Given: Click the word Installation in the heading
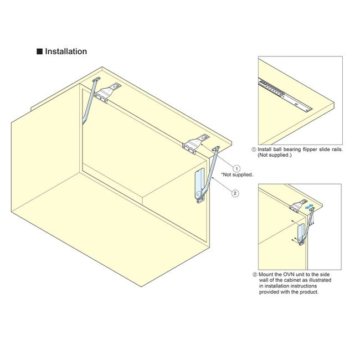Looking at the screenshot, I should [66, 52].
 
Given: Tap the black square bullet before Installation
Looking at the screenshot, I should [39, 52].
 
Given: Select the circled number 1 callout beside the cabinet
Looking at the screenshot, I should [236, 168].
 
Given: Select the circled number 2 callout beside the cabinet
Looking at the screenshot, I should [235, 193].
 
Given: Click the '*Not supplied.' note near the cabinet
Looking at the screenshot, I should [237, 175].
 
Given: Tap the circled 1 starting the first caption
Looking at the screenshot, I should [254, 149].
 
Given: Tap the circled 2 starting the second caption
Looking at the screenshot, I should [254, 275].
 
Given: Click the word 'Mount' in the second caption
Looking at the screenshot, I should [268, 275].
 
